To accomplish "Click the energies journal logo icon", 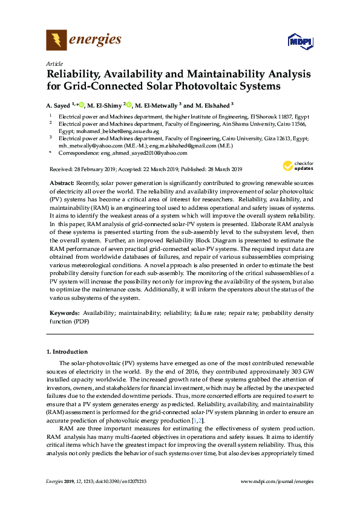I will click(x=56, y=40).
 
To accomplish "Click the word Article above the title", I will click(x=53, y=63).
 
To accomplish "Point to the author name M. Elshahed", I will click(x=214, y=105).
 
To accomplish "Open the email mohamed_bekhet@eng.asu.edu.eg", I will click(x=117, y=131).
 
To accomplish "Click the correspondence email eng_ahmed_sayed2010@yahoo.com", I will click(x=137, y=153).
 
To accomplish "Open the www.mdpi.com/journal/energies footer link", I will click(x=277, y=481).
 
